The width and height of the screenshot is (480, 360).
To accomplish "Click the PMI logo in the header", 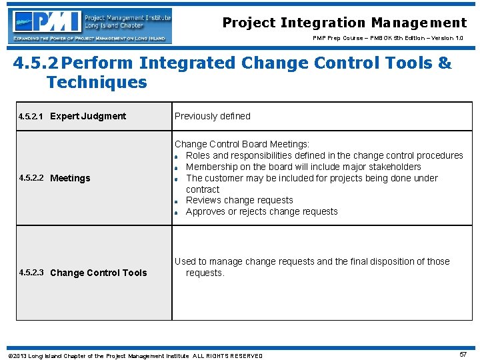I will point(90,25).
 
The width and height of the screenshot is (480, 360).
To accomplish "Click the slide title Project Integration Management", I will point(344,23).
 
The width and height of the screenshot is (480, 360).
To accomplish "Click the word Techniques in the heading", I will point(97,83).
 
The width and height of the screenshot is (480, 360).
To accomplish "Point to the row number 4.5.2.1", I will point(31,117).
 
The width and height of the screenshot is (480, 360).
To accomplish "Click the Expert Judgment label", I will point(88,116).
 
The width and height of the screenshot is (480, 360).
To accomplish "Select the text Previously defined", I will point(212,116).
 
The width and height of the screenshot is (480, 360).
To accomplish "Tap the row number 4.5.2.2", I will point(31,178).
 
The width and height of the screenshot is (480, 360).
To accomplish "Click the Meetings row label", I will point(70,178).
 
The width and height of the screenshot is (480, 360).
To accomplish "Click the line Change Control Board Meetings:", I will point(241,144).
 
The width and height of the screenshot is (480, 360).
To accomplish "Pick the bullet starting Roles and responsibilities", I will point(324,155).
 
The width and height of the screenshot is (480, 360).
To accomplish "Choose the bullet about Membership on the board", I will point(303,167).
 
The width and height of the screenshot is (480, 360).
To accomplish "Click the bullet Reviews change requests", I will point(239,200).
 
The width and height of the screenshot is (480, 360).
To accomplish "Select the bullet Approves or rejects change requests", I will point(261,211).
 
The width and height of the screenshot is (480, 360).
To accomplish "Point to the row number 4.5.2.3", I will point(31,273).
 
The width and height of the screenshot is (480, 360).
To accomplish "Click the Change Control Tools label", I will point(98,273).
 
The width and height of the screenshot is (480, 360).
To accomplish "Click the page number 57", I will point(463,355).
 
